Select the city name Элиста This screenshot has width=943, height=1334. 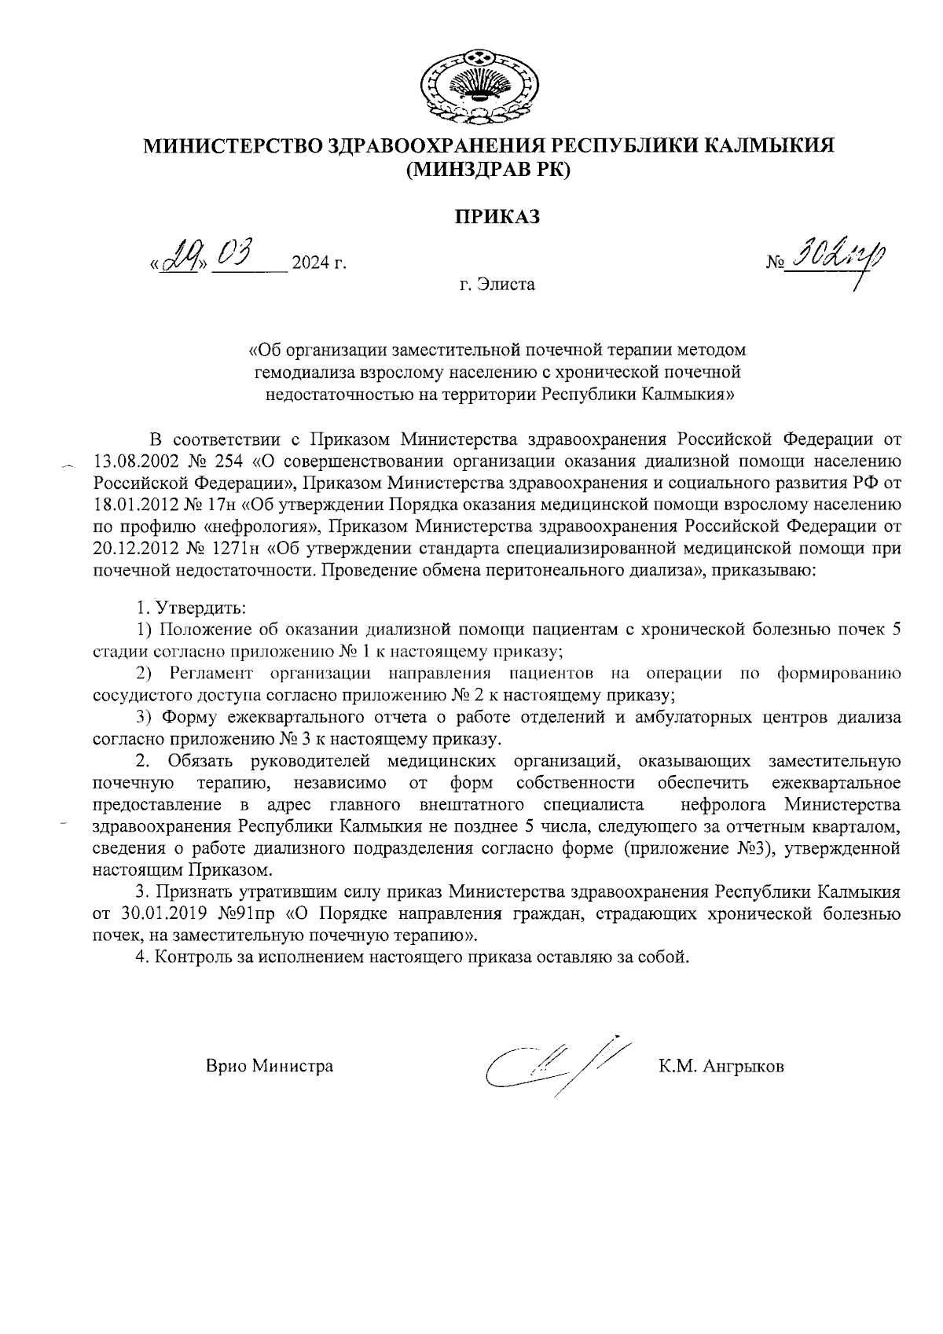(x=497, y=285)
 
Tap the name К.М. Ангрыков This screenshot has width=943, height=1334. (x=721, y=1067)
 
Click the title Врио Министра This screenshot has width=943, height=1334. (x=270, y=1067)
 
